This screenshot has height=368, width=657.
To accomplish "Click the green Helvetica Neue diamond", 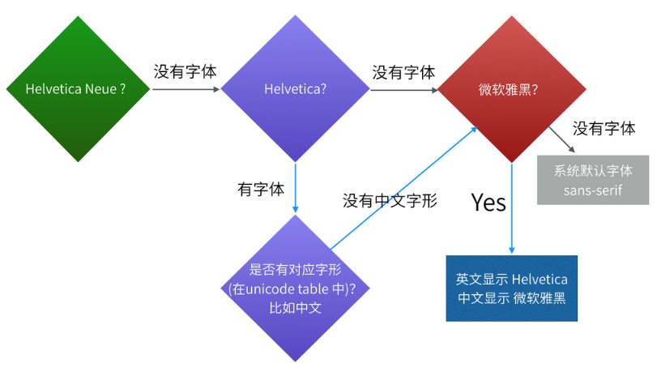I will [x=77, y=89].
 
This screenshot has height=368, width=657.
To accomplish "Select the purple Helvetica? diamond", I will [x=295, y=89].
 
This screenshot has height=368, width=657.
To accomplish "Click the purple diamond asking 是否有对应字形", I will [x=295, y=289].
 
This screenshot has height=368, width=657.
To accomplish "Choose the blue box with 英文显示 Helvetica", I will [x=512, y=288].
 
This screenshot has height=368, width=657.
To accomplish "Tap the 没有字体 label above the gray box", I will [x=604, y=128].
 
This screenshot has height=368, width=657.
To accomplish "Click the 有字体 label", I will [x=261, y=190].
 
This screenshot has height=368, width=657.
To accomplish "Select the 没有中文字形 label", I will [x=390, y=200].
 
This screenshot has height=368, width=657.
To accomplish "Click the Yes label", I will [x=488, y=202].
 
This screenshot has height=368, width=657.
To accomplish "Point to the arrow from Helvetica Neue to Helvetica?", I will [x=186, y=89].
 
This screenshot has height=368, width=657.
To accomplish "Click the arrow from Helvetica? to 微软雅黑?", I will [x=403, y=89].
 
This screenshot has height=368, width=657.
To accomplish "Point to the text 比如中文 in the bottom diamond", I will [x=295, y=308].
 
